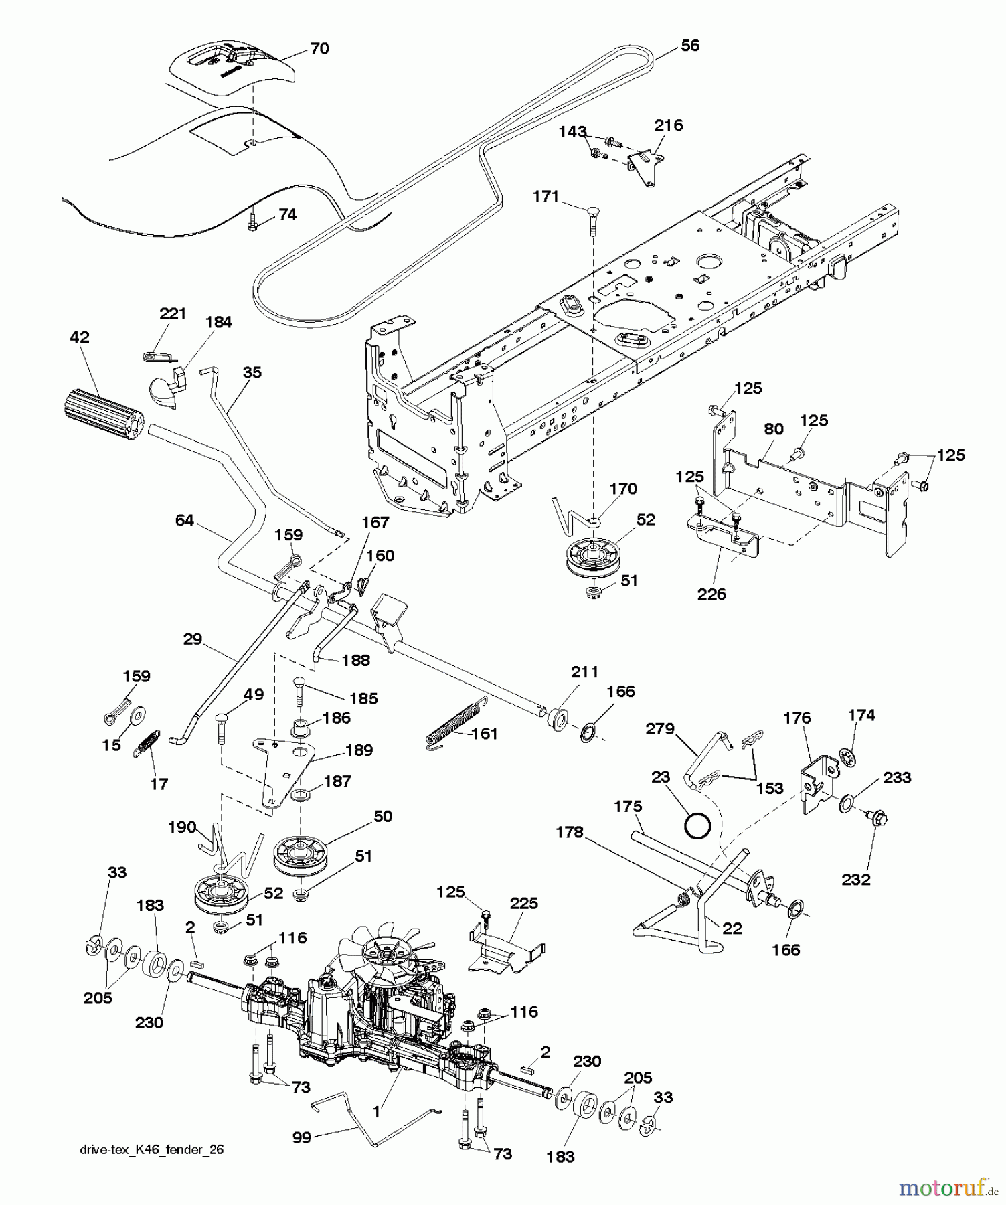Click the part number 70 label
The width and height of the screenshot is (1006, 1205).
pos(319,49)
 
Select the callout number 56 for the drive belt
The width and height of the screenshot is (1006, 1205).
pos(689,46)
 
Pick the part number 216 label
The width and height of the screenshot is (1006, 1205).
pos(668,125)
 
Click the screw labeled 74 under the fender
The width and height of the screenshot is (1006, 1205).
pos(253,223)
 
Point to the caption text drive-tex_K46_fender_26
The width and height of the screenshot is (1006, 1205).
pos(151,1149)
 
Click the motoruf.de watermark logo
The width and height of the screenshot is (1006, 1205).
pos(948,1188)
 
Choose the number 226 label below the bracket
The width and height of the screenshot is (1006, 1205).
pos(711,594)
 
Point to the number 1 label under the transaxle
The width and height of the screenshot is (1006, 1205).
pos(376,1113)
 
